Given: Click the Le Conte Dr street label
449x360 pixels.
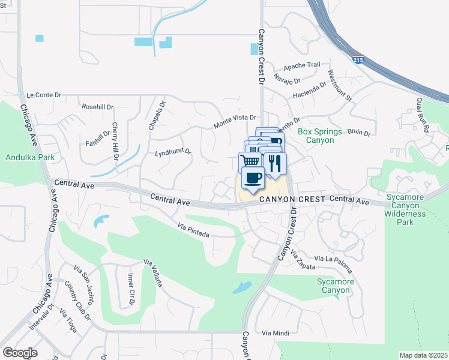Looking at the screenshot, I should point(44,95).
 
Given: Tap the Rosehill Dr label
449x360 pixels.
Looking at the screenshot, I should point(98,107).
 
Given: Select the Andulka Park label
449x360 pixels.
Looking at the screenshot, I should point(29,158).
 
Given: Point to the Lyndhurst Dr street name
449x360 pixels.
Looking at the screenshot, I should point(172,152).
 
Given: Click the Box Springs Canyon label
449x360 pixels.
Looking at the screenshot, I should point(319,136).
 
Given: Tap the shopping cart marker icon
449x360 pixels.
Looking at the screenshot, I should point(251,161).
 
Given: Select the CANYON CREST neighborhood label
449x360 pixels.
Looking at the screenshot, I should point(292,199).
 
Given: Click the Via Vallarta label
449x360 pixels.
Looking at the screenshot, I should point(152,273).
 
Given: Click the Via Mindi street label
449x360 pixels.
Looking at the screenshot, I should point(276,332).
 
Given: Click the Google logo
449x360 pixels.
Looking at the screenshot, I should point(20,353).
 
